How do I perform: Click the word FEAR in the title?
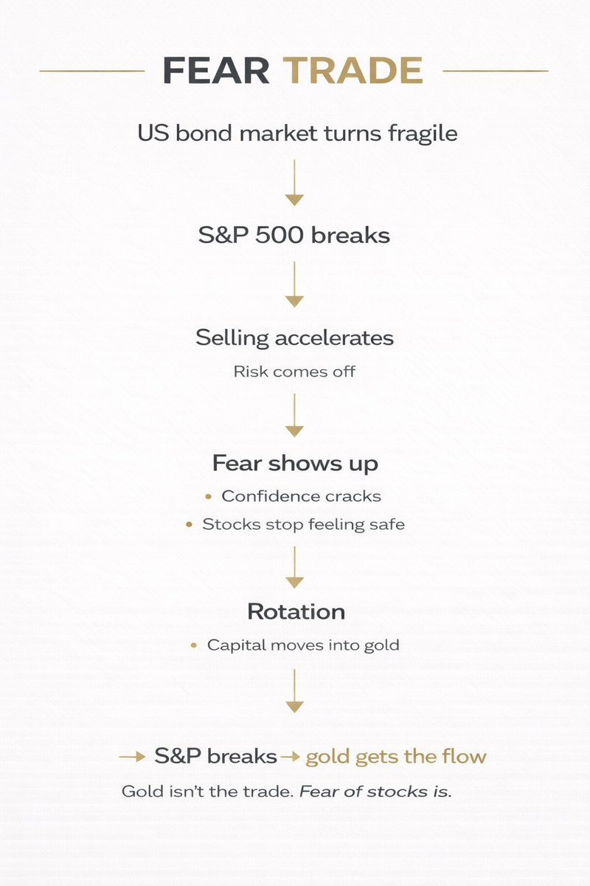[x=216, y=70]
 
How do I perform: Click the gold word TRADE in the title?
[x=353, y=70]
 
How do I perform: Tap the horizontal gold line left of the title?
[x=92, y=71]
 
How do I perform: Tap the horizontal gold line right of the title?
[x=496, y=71]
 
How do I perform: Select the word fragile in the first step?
[x=423, y=134]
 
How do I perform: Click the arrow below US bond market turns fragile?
[x=294, y=183]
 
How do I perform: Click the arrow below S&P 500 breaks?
[x=294, y=284]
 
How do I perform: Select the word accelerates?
[x=334, y=338]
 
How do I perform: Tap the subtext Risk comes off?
[x=294, y=372]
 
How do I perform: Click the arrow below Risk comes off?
[x=294, y=415]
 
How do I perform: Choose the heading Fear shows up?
[x=295, y=464]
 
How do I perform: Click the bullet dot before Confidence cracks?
[x=209, y=497]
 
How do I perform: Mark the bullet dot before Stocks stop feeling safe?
[x=190, y=525]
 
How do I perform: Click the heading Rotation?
[x=296, y=612]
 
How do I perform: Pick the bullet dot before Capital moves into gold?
[x=194, y=645]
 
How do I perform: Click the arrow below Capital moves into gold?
[x=294, y=691]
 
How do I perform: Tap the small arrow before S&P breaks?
[x=133, y=757]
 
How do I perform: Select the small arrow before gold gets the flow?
[x=290, y=757]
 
